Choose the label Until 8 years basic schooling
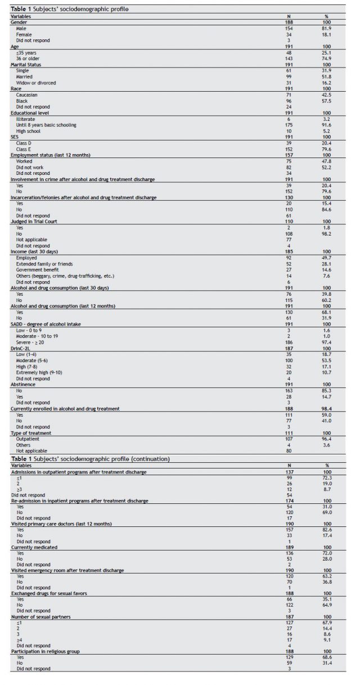click(46, 124)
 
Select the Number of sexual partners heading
click(41, 619)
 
